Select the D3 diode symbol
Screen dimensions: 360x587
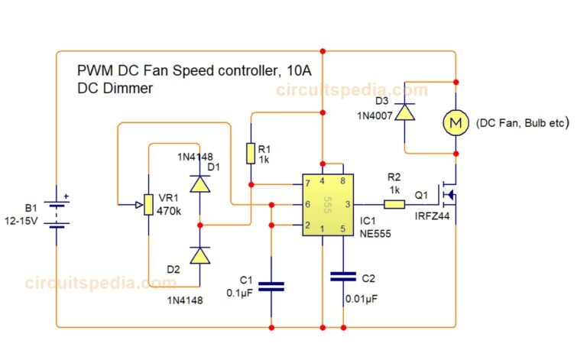coord(404,112)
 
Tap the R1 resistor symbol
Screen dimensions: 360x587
coord(250,153)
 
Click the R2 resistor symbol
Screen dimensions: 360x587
coord(394,204)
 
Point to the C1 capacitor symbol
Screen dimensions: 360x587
coord(271,287)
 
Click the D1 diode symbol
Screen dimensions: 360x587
coord(199,183)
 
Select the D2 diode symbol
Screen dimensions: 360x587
coord(199,256)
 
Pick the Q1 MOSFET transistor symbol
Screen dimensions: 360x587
coord(446,196)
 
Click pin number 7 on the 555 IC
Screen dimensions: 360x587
coord(307,184)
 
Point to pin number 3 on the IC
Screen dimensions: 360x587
coord(347,204)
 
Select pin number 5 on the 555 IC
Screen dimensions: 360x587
coord(343,229)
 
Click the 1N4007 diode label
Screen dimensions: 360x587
coord(375,115)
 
